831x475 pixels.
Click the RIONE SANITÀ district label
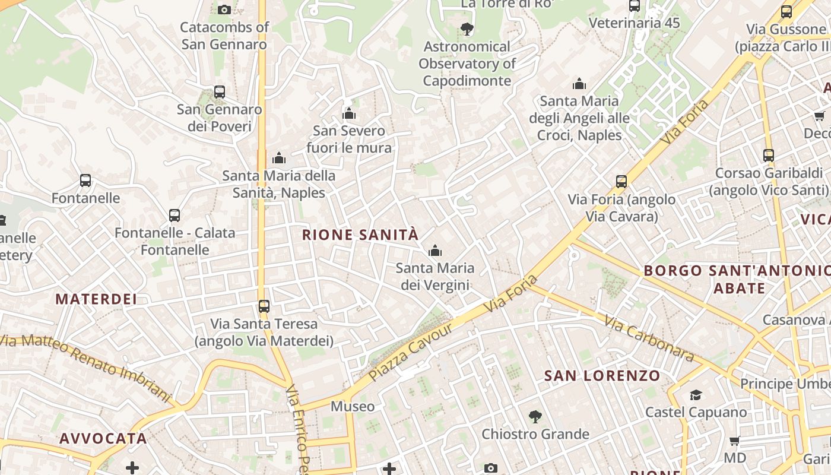(x=360, y=235)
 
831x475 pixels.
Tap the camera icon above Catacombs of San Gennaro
(x=224, y=9)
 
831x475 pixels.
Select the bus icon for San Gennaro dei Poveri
(x=220, y=92)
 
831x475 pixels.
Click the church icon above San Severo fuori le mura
(x=349, y=113)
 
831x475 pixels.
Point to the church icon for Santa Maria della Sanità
(x=279, y=158)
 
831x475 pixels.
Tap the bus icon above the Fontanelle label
(x=85, y=180)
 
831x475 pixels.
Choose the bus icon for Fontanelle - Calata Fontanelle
(x=175, y=216)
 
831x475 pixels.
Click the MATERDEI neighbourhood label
(x=96, y=299)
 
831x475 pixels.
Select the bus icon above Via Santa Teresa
(x=264, y=306)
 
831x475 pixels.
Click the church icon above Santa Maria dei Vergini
(x=435, y=251)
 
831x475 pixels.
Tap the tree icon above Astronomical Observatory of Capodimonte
(x=467, y=28)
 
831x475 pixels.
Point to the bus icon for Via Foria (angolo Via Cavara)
(x=621, y=182)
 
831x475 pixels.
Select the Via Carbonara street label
(x=649, y=338)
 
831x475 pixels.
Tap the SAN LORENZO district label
(x=602, y=376)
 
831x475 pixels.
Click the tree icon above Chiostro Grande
(x=535, y=417)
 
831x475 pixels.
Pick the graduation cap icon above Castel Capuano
(x=696, y=395)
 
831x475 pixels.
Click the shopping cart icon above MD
(x=735, y=441)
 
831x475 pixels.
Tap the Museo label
(x=353, y=407)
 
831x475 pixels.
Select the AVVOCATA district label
(x=103, y=439)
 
